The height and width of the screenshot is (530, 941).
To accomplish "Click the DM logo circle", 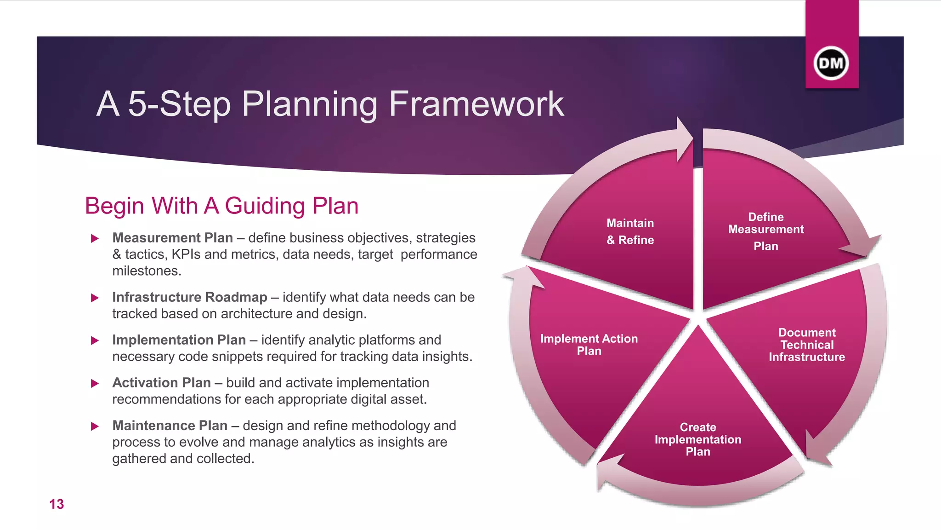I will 831,63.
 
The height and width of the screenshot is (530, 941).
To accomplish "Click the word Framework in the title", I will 476,104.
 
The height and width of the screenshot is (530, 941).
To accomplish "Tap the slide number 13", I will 57,504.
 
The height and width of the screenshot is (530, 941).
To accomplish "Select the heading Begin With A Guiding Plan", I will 221,206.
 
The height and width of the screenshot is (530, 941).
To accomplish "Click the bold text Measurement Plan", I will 172,238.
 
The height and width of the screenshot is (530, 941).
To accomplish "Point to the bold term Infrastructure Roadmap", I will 189,297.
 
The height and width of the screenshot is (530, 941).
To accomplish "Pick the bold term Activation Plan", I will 161,383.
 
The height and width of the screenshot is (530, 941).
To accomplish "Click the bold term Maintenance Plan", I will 170,426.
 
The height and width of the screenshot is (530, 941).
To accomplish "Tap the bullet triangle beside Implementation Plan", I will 95,340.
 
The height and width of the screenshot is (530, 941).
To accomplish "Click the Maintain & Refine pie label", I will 630,231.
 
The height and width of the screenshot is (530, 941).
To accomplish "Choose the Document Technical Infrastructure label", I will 806,345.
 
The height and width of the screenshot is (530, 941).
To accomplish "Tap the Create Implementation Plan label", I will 697,439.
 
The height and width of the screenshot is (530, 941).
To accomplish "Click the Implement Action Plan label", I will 589,345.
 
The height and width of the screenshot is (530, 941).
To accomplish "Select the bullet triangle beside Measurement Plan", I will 95,238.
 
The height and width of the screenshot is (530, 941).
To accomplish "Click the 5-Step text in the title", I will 179,104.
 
